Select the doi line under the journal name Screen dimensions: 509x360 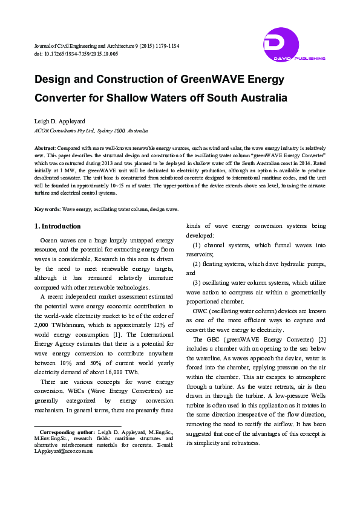[76, 54]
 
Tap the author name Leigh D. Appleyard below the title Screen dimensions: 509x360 [61, 121]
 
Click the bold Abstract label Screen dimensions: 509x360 [45, 148]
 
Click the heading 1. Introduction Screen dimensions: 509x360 [57, 226]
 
